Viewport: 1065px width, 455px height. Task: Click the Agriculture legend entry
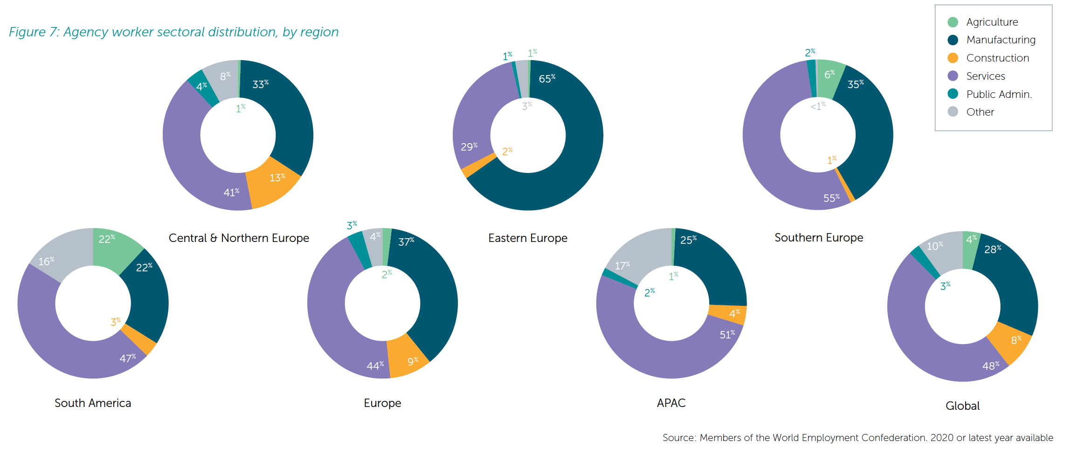click(x=992, y=22)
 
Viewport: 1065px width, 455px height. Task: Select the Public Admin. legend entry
click(x=998, y=94)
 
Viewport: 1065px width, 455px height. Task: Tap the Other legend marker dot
click(x=953, y=112)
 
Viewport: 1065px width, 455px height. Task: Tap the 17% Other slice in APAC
click(x=639, y=256)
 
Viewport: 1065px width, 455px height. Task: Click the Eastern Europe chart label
click(x=527, y=238)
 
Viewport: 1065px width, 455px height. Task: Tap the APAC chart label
click(x=671, y=403)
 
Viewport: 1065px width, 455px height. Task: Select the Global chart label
click(x=962, y=406)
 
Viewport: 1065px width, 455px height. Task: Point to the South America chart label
click(x=93, y=403)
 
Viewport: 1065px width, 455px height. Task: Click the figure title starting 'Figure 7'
click(x=173, y=32)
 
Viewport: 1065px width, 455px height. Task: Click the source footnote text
click(x=858, y=438)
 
